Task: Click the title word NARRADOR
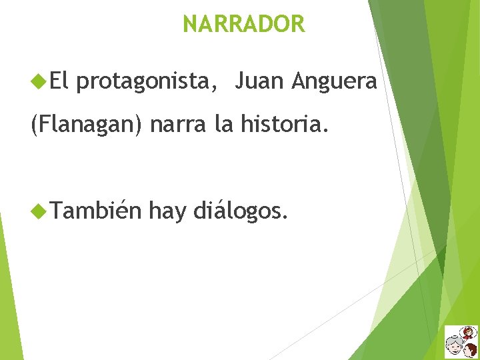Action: click(x=243, y=25)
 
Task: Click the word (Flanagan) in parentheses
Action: click(x=86, y=125)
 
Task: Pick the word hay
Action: click(x=168, y=212)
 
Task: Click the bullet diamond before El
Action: click(x=37, y=82)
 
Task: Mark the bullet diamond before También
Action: click(x=37, y=211)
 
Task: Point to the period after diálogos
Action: click(x=287, y=218)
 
